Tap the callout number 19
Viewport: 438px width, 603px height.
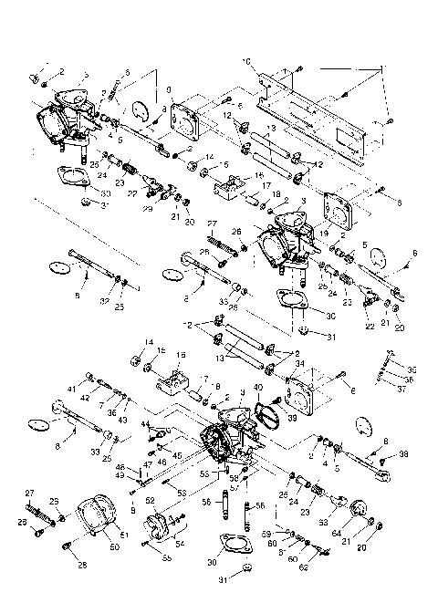pos(322,234)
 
